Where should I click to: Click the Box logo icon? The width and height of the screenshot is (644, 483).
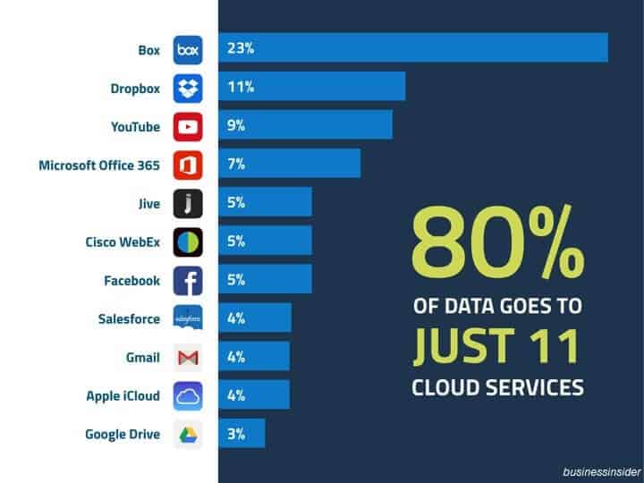point(188,49)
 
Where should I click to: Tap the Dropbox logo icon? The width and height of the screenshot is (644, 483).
point(188,88)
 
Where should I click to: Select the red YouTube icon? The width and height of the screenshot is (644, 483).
point(188,126)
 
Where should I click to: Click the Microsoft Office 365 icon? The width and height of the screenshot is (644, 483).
point(188,165)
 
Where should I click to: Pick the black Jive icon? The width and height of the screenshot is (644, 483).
point(188,203)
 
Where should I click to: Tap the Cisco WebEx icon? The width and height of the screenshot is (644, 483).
point(188,241)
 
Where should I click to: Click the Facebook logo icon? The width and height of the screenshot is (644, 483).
point(188,280)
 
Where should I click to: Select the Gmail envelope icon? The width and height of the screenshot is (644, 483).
point(188,357)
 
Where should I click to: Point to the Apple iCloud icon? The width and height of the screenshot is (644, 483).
point(188,395)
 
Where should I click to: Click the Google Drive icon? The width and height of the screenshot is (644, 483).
point(188,434)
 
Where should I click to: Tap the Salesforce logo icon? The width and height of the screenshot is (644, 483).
point(188,318)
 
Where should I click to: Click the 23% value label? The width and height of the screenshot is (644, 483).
point(241,48)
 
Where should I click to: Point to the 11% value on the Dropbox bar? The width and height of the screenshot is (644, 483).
point(241,87)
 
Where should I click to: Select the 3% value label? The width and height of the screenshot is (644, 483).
point(236,434)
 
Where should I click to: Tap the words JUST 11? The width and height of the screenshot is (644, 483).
point(497,347)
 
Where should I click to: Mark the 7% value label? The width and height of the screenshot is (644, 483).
point(236,164)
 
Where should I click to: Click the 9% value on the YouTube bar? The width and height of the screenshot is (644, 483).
point(236,125)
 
